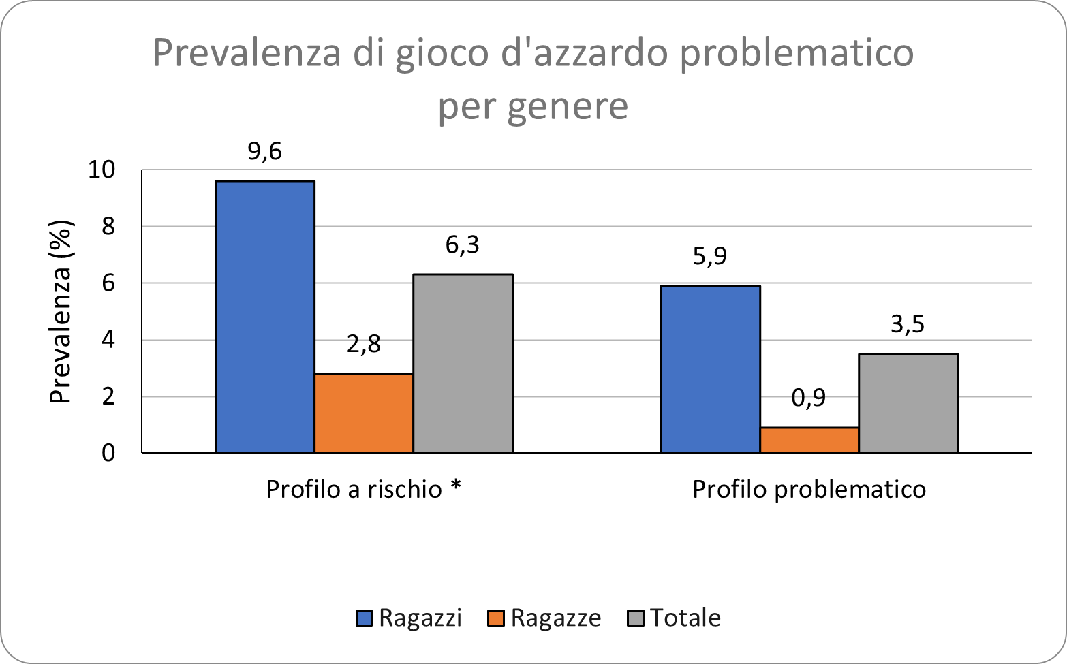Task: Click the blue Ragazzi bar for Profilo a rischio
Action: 264,317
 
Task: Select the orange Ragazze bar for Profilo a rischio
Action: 364,413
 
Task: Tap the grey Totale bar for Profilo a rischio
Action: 463,363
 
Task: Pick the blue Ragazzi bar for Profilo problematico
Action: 710,369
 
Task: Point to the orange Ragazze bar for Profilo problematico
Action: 809,440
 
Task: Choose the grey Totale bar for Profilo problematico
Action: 908,403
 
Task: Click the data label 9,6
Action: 264,151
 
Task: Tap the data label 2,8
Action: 364,344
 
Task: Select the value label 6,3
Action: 463,244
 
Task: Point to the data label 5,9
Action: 710,256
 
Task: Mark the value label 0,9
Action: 809,398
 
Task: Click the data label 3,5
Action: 908,324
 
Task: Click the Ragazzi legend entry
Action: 409,618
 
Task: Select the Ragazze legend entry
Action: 544,618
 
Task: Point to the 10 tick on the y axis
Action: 102,170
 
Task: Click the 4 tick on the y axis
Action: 108,340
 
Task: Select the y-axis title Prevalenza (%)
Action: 61,311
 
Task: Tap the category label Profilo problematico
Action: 809,490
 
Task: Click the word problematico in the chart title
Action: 797,54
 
